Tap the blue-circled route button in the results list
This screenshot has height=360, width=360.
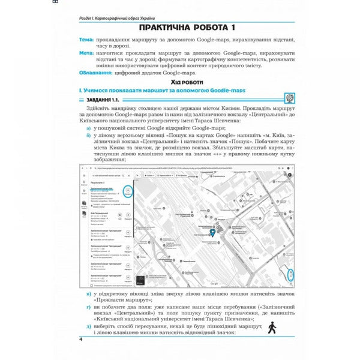[127, 191]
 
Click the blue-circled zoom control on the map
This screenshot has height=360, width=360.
[290, 274]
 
